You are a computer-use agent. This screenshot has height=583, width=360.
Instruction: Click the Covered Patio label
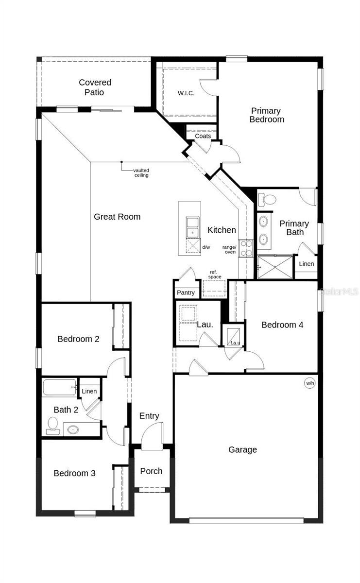pyautogui.click(x=95, y=87)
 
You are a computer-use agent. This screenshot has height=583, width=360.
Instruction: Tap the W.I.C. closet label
pyautogui.click(x=186, y=93)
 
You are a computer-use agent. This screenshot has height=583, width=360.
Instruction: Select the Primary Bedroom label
pyautogui.click(x=266, y=115)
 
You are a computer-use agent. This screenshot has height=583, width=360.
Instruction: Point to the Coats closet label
pyautogui.click(x=203, y=136)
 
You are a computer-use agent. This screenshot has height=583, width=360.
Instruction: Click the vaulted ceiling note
pyautogui.click(x=141, y=172)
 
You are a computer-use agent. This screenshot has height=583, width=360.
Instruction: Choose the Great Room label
pyautogui.click(x=117, y=217)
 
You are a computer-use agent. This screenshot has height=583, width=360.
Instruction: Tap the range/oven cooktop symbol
pyautogui.click(x=246, y=248)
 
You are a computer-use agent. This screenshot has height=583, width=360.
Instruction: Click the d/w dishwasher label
pyautogui.click(x=206, y=247)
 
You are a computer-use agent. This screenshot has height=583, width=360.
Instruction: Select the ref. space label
pyautogui.click(x=215, y=274)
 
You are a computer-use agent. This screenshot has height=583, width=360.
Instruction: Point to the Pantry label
pyautogui.click(x=186, y=292)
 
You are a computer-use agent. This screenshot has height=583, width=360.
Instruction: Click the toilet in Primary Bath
pyautogui.click(x=267, y=199)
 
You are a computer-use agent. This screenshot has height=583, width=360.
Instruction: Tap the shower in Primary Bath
pyautogui.click(x=274, y=267)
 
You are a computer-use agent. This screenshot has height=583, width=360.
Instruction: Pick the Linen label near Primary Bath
pyautogui.click(x=306, y=264)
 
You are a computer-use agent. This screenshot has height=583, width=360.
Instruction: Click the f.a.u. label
pyautogui.click(x=235, y=343)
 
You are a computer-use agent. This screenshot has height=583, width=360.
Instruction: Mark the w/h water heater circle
pyautogui.click(x=309, y=383)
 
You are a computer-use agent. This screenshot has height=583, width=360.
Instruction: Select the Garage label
pyautogui.click(x=242, y=450)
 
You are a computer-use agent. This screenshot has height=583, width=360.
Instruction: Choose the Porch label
pyautogui.click(x=151, y=471)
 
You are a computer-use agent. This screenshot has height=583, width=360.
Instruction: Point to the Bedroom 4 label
pyautogui.click(x=282, y=325)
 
